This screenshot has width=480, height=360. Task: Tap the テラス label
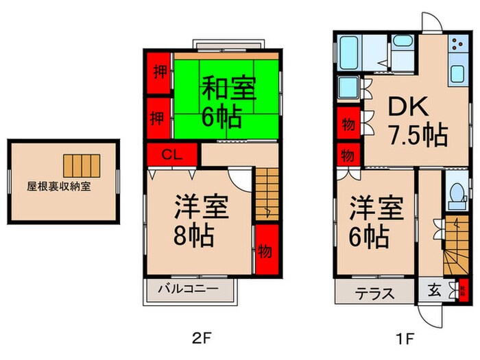tap(374, 293)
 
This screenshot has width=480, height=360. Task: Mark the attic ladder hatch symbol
tap(81, 165)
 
